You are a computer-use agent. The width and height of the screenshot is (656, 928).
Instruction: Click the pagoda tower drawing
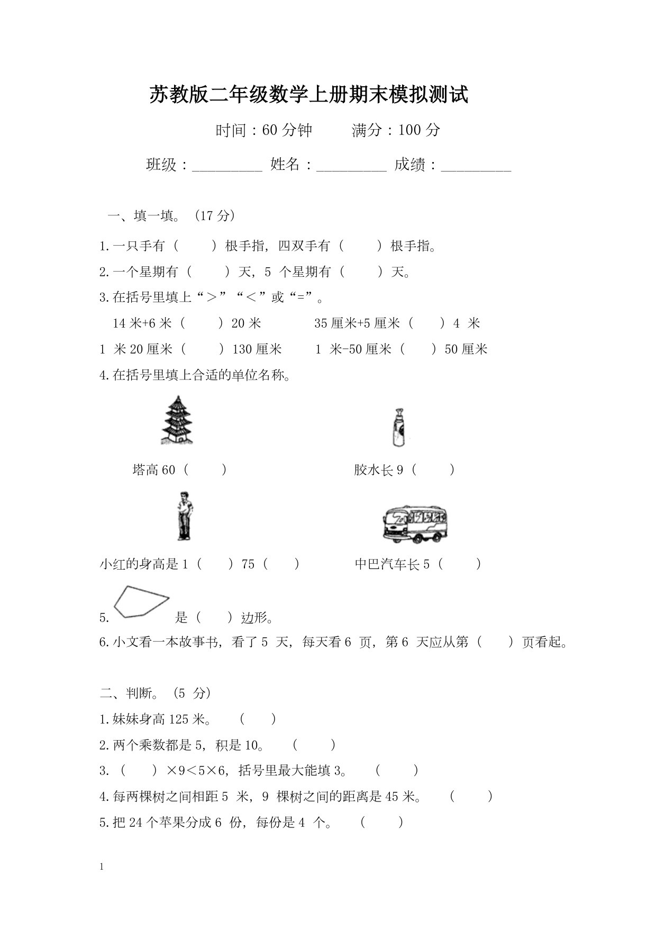click(177, 420)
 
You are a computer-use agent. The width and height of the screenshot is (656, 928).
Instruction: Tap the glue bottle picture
click(397, 428)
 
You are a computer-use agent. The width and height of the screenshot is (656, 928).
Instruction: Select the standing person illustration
click(184, 516)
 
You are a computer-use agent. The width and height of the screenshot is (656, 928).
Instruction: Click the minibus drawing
click(415, 524)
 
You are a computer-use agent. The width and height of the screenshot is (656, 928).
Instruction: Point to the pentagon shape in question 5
click(141, 601)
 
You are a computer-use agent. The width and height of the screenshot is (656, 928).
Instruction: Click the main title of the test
click(308, 95)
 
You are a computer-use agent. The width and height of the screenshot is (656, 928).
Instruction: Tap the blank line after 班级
click(227, 166)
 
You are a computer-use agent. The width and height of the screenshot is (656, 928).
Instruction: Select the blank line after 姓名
click(351, 166)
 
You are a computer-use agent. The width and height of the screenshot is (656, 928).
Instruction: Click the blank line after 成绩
click(476, 166)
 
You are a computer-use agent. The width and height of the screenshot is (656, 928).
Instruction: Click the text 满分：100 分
click(396, 130)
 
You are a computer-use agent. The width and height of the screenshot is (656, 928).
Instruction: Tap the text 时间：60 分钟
click(263, 130)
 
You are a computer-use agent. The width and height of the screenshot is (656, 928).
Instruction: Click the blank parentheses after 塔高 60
click(205, 470)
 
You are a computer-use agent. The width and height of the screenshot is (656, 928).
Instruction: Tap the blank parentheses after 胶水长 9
click(432, 470)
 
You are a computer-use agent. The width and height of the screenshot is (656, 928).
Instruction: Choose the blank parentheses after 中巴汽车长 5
click(459, 564)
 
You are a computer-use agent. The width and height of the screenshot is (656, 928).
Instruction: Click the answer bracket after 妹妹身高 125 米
click(258, 719)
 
